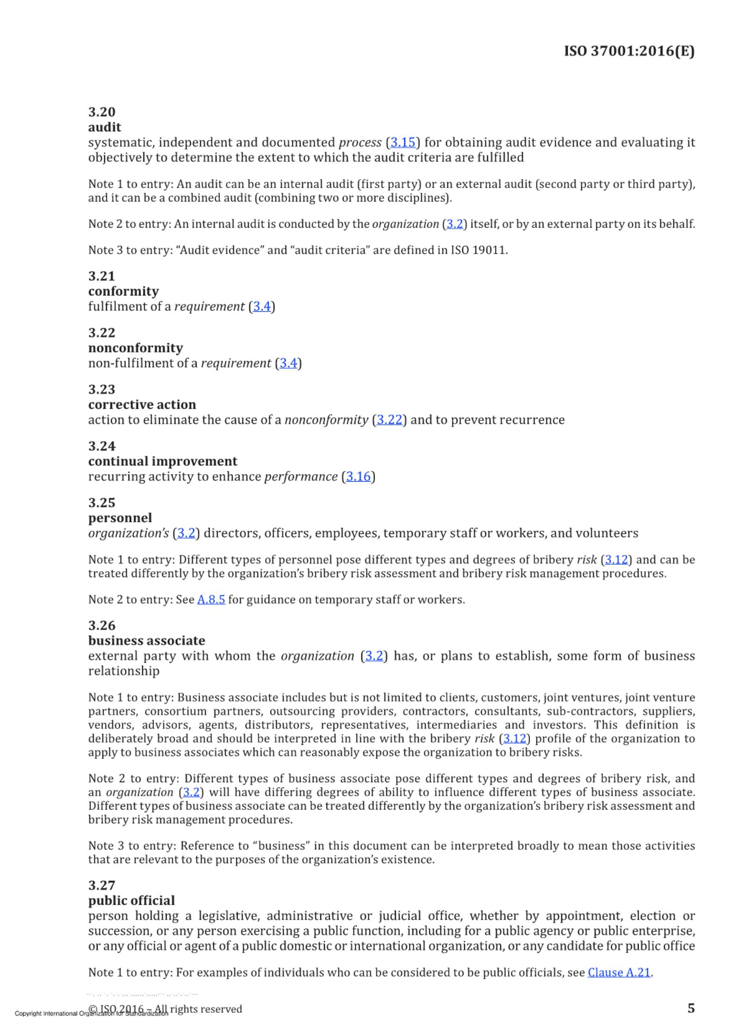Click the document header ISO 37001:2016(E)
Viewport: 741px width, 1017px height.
click(629, 51)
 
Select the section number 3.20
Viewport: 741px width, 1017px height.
click(102, 112)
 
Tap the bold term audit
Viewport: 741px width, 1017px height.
click(105, 127)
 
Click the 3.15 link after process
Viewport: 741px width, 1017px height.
click(402, 142)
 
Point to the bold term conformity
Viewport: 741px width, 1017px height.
click(123, 291)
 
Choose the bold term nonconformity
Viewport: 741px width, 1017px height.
click(135, 348)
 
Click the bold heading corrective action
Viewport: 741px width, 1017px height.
click(142, 405)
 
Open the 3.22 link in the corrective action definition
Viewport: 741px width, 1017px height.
click(389, 420)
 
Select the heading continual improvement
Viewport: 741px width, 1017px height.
click(162, 462)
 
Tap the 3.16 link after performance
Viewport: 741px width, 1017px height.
click(358, 477)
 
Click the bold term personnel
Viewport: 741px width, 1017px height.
click(120, 518)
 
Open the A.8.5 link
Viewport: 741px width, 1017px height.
click(211, 600)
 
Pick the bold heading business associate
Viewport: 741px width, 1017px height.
click(147, 641)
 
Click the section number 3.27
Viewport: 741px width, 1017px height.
click(102, 885)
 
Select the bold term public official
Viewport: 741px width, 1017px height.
click(132, 901)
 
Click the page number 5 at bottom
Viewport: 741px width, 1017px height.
click(691, 1008)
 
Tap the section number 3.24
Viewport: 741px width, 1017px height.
click(102, 446)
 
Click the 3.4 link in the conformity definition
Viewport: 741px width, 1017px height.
click(261, 307)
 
